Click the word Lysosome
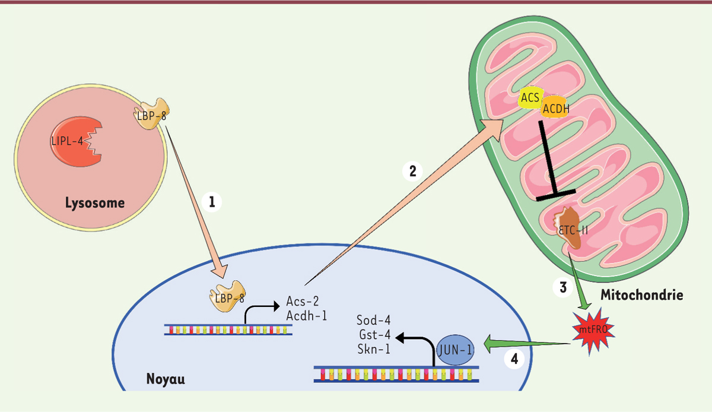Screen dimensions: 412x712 click(x=95, y=203)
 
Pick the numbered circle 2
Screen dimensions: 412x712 click(x=412, y=171)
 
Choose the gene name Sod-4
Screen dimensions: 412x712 click(x=374, y=321)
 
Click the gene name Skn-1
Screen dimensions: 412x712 click(x=374, y=349)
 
